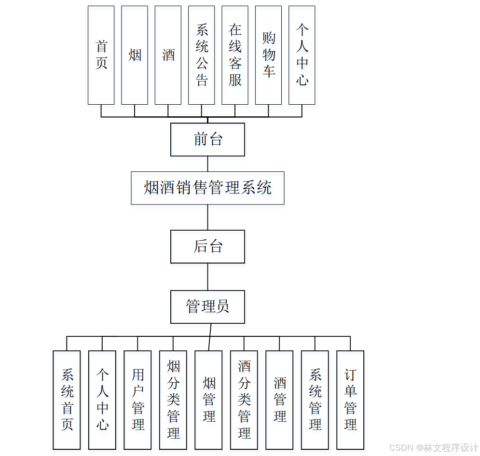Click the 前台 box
pos(207,139)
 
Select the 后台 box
pos(207,247)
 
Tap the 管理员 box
pos(207,307)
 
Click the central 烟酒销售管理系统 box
pos(207,188)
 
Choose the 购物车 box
pos(268,55)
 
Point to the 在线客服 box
pos(235,55)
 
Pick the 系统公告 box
pos(201,55)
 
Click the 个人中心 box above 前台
pos(302,55)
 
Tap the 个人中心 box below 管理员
pos(102,400)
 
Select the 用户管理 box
pos(138,400)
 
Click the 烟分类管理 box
pos(173,400)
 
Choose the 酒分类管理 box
pos(244,400)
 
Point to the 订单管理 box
pos(350,400)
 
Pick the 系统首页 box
pos(67,400)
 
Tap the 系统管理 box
pos(315,400)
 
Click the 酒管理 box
pos(279,400)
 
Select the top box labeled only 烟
pos(135,55)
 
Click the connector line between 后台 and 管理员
pos(208,276)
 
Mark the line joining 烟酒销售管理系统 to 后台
pos(208,217)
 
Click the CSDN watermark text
pos(433,448)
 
